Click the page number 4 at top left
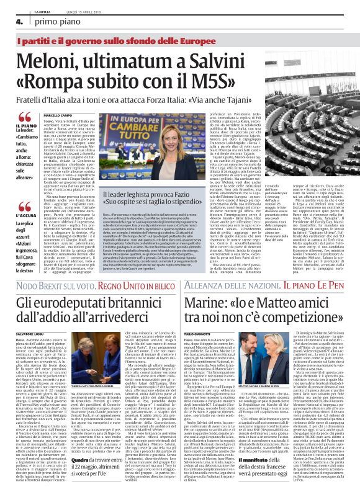10,21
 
